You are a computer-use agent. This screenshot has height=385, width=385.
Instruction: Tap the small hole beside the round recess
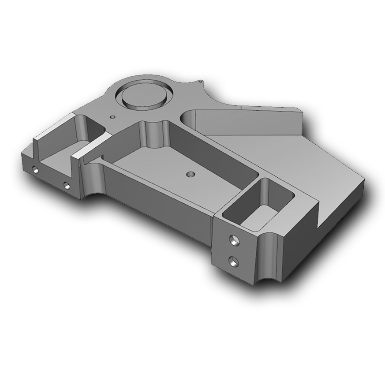point(112,117)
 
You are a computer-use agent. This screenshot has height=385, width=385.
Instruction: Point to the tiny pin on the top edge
point(201,81)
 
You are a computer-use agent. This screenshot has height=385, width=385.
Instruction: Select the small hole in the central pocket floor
point(190,174)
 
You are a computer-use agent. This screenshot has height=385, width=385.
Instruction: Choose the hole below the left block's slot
point(67,185)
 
